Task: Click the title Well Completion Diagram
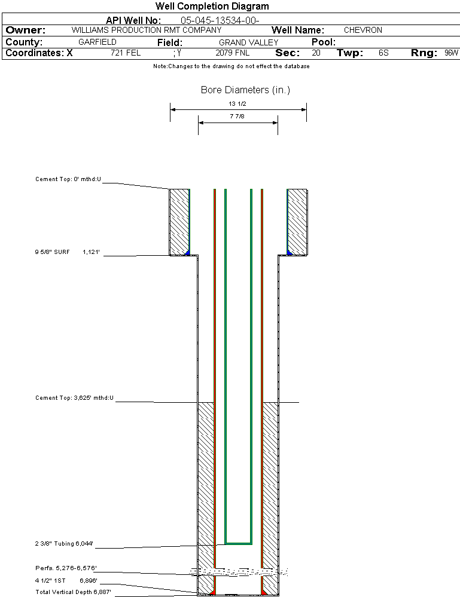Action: point(212,7)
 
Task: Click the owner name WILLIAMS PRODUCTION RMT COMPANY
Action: point(146,30)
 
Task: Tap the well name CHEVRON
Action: point(362,30)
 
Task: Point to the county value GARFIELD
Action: point(97,42)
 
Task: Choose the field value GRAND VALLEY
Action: point(248,42)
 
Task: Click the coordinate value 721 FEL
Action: point(126,53)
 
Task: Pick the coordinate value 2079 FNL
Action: point(232,53)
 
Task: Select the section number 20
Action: point(316,53)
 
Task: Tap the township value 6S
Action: point(383,53)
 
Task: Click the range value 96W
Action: point(451,53)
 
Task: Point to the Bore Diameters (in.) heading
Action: point(245,90)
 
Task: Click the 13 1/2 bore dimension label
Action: point(237,103)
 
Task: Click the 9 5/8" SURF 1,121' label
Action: point(67,253)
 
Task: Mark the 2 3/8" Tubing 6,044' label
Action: point(64,544)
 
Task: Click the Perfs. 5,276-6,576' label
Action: point(66,568)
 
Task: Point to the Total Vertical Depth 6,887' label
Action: point(73,592)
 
